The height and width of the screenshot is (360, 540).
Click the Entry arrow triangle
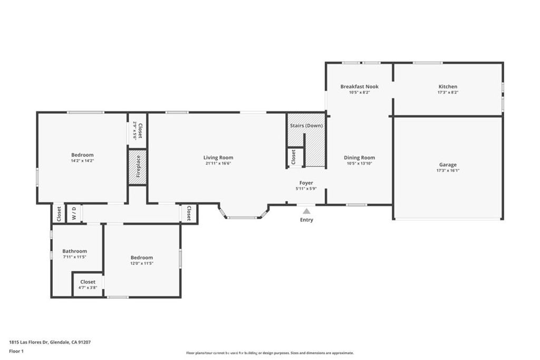point(306,211)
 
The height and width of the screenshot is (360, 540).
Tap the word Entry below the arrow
point(306,220)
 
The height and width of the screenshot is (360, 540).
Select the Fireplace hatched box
point(138,167)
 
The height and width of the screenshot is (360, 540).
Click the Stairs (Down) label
point(306,125)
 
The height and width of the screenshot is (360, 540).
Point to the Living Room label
point(218,158)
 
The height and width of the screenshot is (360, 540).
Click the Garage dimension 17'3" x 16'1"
point(448,170)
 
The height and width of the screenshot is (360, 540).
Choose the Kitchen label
point(448,86)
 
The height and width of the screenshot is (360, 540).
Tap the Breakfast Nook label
point(359,86)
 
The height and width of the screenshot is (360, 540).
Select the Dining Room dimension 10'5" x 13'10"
point(359,163)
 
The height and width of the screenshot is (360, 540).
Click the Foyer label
point(306,183)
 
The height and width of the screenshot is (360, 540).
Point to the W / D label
point(74,213)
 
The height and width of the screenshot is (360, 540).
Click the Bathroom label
point(74,251)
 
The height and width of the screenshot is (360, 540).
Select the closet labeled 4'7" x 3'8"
point(88,285)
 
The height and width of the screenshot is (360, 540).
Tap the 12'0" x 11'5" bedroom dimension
point(142,263)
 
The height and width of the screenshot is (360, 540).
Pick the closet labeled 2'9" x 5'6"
point(137,130)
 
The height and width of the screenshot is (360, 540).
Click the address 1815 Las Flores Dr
point(29,342)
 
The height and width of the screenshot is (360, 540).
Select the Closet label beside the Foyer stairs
point(294,158)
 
